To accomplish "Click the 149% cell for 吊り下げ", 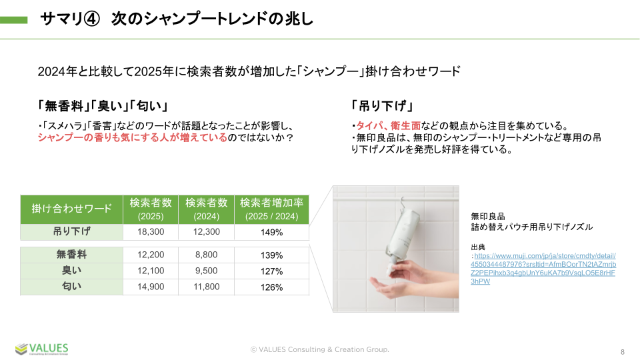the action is [271, 232].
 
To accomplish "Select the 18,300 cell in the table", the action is [151, 232].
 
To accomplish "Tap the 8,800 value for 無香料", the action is [206, 255].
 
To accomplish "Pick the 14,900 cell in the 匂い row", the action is [151, 287].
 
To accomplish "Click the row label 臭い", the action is [71, 271].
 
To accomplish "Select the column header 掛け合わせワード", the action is [71, 209].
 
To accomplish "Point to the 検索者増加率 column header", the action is [271, 209].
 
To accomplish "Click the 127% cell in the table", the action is [271, 271].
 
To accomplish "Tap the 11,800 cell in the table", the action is [206, 287].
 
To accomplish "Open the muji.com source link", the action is [543, 269].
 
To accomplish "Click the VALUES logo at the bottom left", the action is [41, 349].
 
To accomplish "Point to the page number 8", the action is [623, 352].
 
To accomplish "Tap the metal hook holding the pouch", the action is [404, 203].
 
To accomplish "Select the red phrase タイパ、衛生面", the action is [388, 126].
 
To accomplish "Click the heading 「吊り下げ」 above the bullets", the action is [383, 106].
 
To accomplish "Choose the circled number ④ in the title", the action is [91, 19].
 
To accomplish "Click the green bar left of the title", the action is [14, 19].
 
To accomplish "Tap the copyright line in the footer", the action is [319, 349].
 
